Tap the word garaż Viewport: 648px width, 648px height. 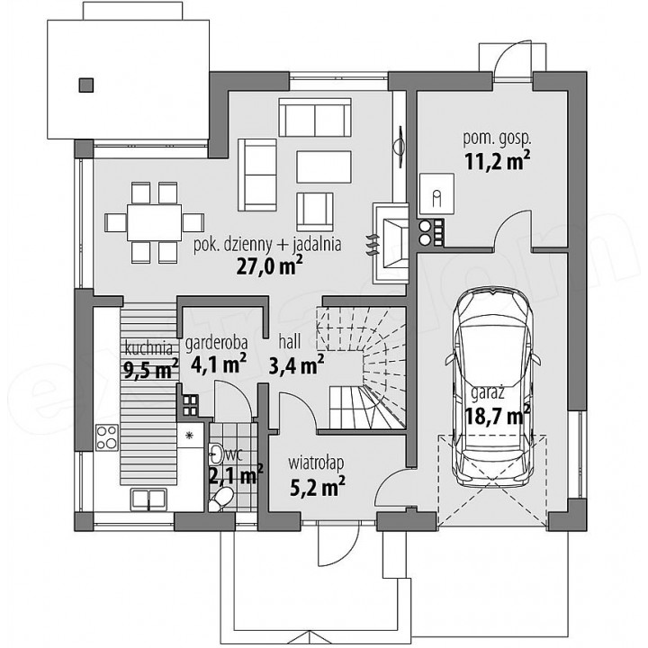(488, 392)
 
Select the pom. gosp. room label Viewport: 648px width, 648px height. (497, 139)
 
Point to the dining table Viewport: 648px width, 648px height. (154, 222)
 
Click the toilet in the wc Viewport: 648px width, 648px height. (220, 499)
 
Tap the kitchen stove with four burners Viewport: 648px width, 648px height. (106, 437)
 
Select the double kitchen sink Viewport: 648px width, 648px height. (148, 499)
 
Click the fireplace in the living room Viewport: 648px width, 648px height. (391, 243)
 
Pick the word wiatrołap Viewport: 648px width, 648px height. (316, 463)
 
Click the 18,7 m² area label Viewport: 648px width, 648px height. (498, 415)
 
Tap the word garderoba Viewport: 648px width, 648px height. (217, 343)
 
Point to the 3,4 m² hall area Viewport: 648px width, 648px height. (296, 364)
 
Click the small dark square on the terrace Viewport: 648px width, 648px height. (86, 85)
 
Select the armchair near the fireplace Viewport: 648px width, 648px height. (315, 211)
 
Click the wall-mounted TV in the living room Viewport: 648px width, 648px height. (400, 147)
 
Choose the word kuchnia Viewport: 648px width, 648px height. (148, 348)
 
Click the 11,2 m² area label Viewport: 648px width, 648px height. (498, 161)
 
